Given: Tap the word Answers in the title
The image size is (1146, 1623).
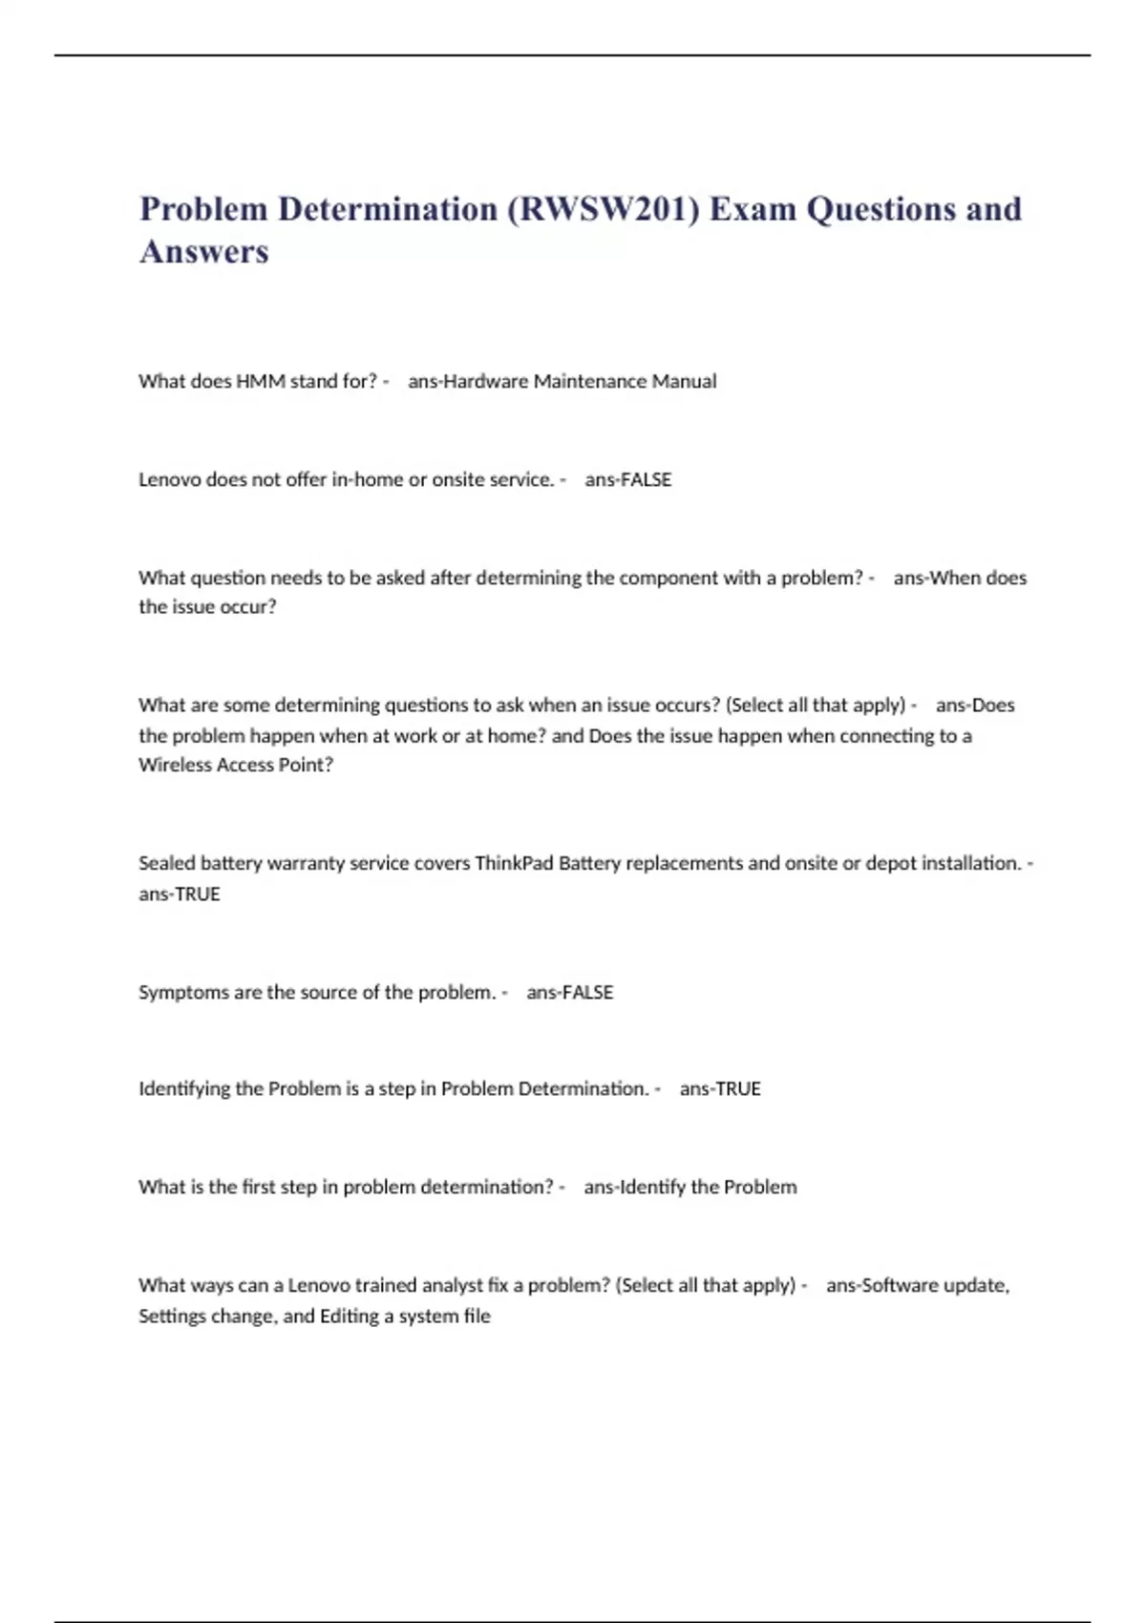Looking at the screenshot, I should pos(204,252).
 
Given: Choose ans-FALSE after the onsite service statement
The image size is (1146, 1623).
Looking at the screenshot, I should pos(627,480).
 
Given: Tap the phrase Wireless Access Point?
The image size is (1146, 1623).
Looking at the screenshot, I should pos(236,766).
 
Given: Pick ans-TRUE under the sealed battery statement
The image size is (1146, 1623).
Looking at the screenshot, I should pos(180,895).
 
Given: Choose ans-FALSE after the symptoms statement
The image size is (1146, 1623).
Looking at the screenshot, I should pos(569,993).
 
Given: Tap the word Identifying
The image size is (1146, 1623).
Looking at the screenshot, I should pos(184,1089).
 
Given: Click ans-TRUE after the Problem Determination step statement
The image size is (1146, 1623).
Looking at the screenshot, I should pos(720,1089).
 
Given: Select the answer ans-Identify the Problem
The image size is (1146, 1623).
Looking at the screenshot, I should pos(690,1188).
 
